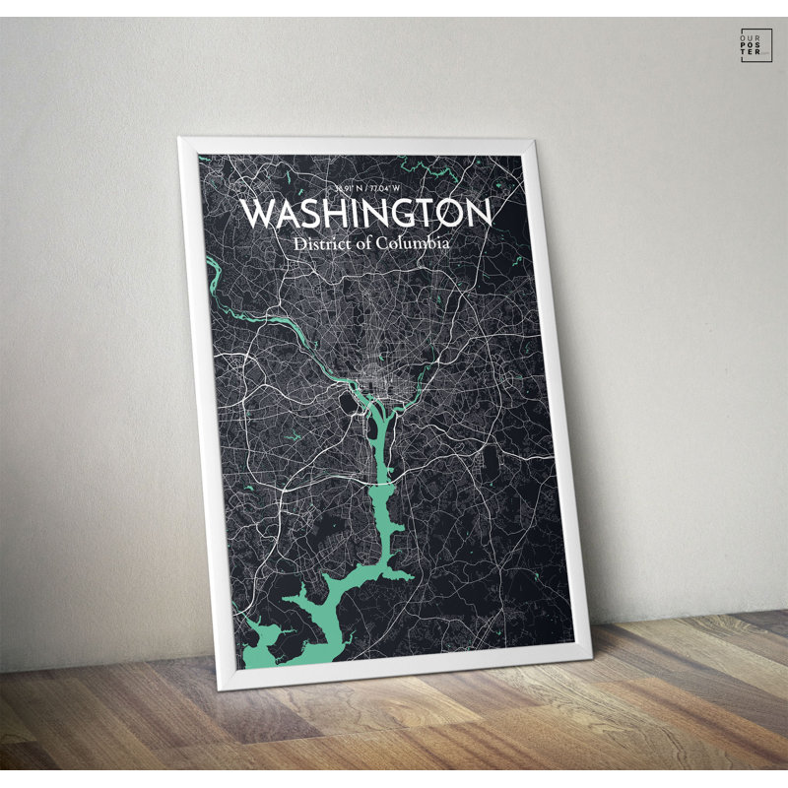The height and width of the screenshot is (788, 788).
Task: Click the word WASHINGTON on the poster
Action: pyautogui.click(x=365, y=214)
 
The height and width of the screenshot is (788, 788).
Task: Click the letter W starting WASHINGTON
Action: pyautogui.click(x=258, y=214)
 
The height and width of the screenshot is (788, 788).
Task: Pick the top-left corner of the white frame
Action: pyautogui.click(x=182, y=141)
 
